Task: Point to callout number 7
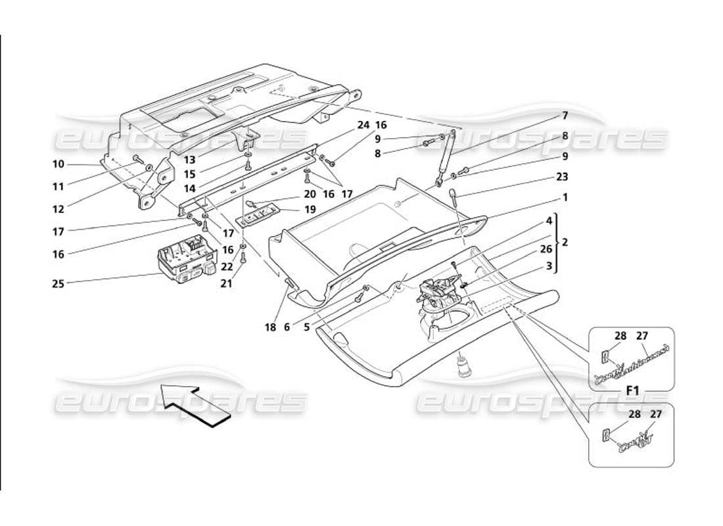[x=565, y=116]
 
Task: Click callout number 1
[x=565, y=197]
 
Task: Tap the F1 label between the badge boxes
[x=632, y=391]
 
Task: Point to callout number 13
[x=190, y=160]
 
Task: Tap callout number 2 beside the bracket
[x=565, y=243]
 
